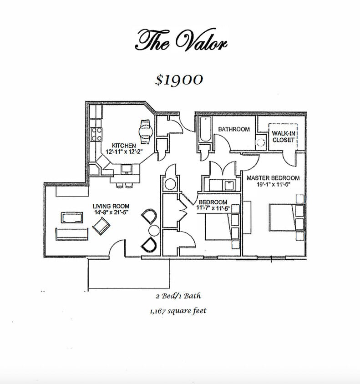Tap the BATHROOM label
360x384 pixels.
tap(233, 129)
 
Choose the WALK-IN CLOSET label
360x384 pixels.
tap(283, 136)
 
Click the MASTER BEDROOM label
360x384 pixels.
tap(273, 178)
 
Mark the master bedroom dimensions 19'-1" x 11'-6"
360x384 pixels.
tap(273, 184)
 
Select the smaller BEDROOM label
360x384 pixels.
tap(213, 202)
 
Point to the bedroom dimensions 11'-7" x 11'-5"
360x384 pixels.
tap(213, 208)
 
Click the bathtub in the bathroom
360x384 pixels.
tap(204, 130)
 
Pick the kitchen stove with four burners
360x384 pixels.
tap(96, 133)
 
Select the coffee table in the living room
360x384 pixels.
tap(71, 217)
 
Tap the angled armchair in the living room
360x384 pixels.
tap(101, 225)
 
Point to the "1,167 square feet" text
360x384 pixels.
tap(177, 311)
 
